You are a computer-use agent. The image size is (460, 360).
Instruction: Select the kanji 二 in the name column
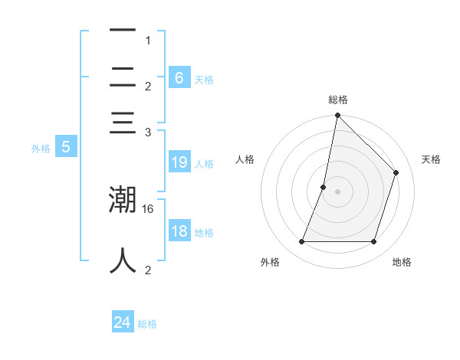click(123, 77)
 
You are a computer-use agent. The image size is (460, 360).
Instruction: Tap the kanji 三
click(123, 123)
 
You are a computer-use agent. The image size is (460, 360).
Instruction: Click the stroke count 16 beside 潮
click(149, 208)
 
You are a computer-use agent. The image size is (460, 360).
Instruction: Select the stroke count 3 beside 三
click(148, 132)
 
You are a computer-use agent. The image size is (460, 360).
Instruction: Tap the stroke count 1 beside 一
click(148, 40)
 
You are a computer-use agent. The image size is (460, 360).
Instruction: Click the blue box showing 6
click(179, 77)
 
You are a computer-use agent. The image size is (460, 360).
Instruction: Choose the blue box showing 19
click(179, 162)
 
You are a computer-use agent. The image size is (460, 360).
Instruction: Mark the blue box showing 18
click(179, 231)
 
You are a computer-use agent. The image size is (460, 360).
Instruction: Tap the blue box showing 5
click(65, 147)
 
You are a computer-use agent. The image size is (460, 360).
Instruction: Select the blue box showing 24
click(122, 322)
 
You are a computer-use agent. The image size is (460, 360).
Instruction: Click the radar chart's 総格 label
click(337, 100)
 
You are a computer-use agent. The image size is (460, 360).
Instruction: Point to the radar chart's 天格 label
click(431, 159)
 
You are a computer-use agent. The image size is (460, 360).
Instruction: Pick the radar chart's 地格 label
click(402, 262)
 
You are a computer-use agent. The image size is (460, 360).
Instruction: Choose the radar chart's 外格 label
click(270, 262)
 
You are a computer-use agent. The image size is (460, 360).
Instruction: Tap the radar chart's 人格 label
click(245, 159)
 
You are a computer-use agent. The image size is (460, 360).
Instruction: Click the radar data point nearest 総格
click(337, 116)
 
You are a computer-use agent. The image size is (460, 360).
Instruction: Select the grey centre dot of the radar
click(337, 191)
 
